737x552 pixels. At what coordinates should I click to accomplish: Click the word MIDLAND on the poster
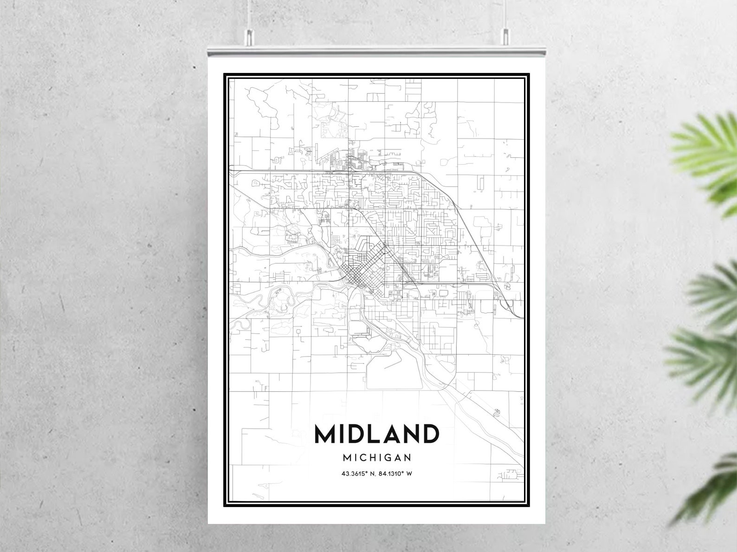376,434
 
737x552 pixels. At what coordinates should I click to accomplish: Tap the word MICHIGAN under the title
377,457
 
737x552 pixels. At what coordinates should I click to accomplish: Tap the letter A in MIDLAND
384,434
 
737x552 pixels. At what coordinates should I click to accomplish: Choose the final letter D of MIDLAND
428,434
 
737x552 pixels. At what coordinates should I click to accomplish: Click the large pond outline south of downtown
394,371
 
